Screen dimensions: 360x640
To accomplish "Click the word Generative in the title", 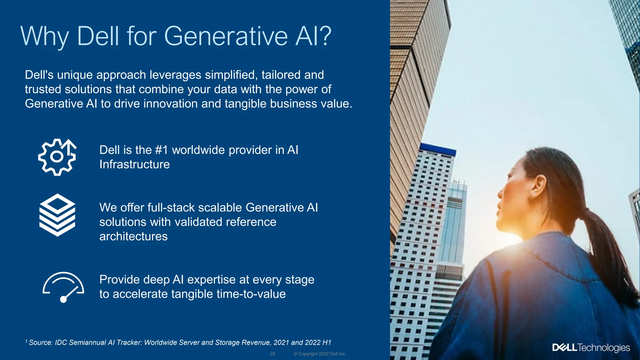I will (x=226, y=36).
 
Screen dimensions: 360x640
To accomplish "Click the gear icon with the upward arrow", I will (x=57, y=157).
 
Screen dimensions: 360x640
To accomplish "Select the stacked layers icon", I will (x=57, y=215).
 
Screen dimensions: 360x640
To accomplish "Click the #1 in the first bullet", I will (x=162, y=150).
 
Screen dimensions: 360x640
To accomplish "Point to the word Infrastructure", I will (x=134, y=164).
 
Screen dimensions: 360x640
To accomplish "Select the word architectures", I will (x=133, y=236).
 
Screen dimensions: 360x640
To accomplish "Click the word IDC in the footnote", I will (x=61, y=342).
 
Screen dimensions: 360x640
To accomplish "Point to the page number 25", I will (x=273, y=354).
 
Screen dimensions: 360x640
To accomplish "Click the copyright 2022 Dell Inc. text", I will (x=320, y=354).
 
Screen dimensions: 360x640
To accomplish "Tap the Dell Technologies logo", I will (x=591, y=347).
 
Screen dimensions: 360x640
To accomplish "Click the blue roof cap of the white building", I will (x=437, y=149).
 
